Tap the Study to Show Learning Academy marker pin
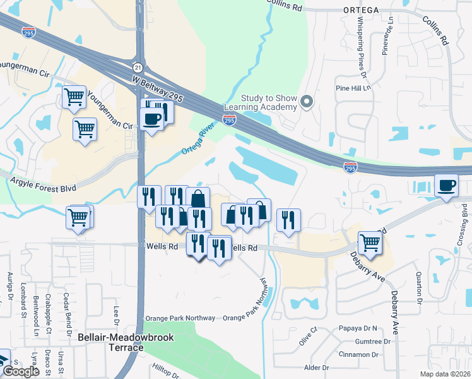[x=307, y=102]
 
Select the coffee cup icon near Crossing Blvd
[x=447, y=185]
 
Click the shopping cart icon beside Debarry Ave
[x=370, y=242]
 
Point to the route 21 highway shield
[x=137, y=67]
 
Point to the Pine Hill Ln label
[x=355, y=88]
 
